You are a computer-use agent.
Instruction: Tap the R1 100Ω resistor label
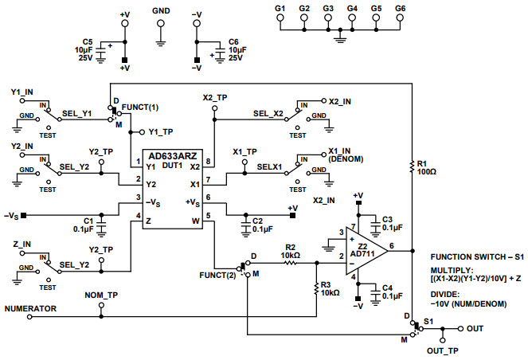pos(421,168)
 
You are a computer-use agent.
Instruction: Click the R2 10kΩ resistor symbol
pos(291,260)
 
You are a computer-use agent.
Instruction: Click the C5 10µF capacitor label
pos(88,49)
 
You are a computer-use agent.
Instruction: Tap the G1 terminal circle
pos(280,18)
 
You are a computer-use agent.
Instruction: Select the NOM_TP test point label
pos(101,295)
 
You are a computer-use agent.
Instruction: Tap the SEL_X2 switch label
pos(269,114)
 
